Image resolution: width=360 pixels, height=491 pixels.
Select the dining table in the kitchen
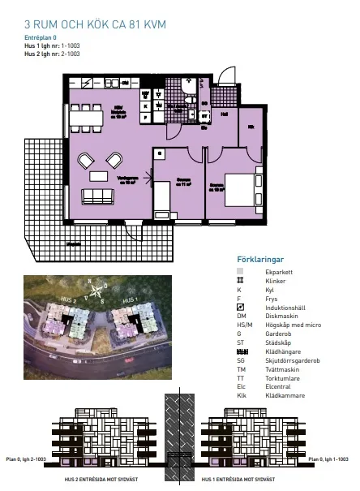pyautogui.click(x=85, y=120)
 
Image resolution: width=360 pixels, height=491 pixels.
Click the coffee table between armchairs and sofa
pyautogui.click(x=98, y=176)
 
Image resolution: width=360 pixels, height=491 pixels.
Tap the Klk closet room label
pyautogui.click(x=251, y=127)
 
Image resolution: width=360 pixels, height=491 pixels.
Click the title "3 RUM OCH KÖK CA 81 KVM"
pyautogui.click(x=95, y=26)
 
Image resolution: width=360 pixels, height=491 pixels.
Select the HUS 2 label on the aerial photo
pyautogui.click(x=69, y=300)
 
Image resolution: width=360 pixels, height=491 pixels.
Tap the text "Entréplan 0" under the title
pyautogui.click(x=41, y=38)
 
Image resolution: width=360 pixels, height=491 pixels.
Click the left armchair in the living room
pyautogui.click(x=85, y=161)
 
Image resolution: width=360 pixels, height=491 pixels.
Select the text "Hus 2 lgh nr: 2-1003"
pyautogui.click(x=52, y=54)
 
